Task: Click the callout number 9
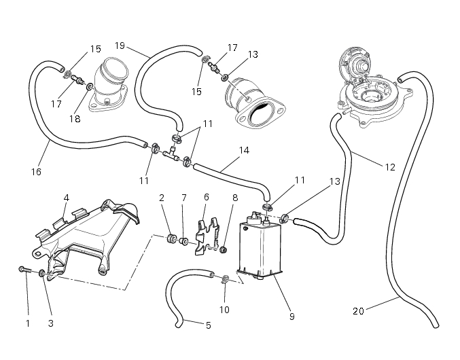point(291,316)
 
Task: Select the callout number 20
point(359,311)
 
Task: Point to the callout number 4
point(67,198)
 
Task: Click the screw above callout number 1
point(25,270)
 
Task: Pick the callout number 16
point(36,172)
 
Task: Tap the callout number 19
point(120,46)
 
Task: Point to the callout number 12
point(390,166)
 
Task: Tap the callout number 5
point(208,325)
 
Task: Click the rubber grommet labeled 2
point(173,238)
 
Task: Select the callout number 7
point(183,197)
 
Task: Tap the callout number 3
point(50,323)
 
